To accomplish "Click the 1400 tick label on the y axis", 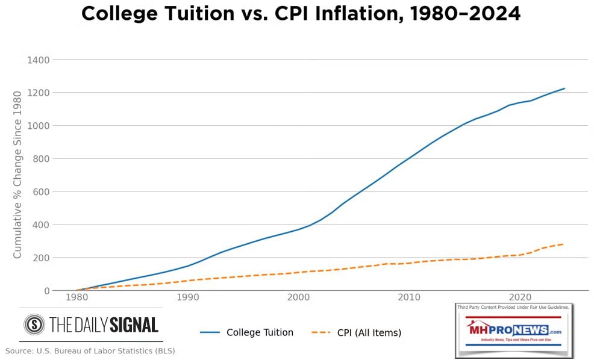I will [37, 60].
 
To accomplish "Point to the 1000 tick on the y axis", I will [37, 126].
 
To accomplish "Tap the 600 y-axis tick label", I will [40, 192].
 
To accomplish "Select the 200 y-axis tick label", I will [40, 258].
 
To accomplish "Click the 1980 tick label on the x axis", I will [77, 297].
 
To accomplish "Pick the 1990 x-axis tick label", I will [188, 297].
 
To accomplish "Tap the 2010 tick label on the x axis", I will [409, 297].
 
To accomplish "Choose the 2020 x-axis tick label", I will [520, 297].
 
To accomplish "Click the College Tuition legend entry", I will [260, 332].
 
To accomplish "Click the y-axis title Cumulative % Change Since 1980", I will [17, 175].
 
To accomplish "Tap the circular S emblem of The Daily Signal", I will [34, 325].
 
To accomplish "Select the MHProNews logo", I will [513, 331].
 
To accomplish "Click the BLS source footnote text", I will [90, 350].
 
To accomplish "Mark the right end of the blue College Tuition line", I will [564, 88].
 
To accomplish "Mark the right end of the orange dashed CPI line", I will [563, 244].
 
